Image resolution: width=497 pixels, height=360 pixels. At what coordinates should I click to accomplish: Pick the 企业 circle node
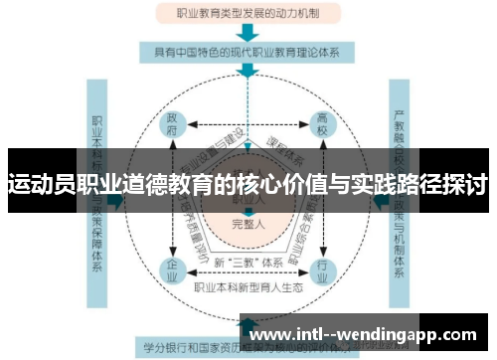pyautogui.click(x=172, y=269)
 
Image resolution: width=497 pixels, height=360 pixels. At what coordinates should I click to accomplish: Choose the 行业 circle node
pyautogui.click(x=321, y=269)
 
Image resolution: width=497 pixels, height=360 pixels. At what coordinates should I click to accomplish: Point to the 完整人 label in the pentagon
pyautogui.click(x=248, y=223)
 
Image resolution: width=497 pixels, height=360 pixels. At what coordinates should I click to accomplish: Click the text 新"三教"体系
pyautogui.click(x=248, y=261)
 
